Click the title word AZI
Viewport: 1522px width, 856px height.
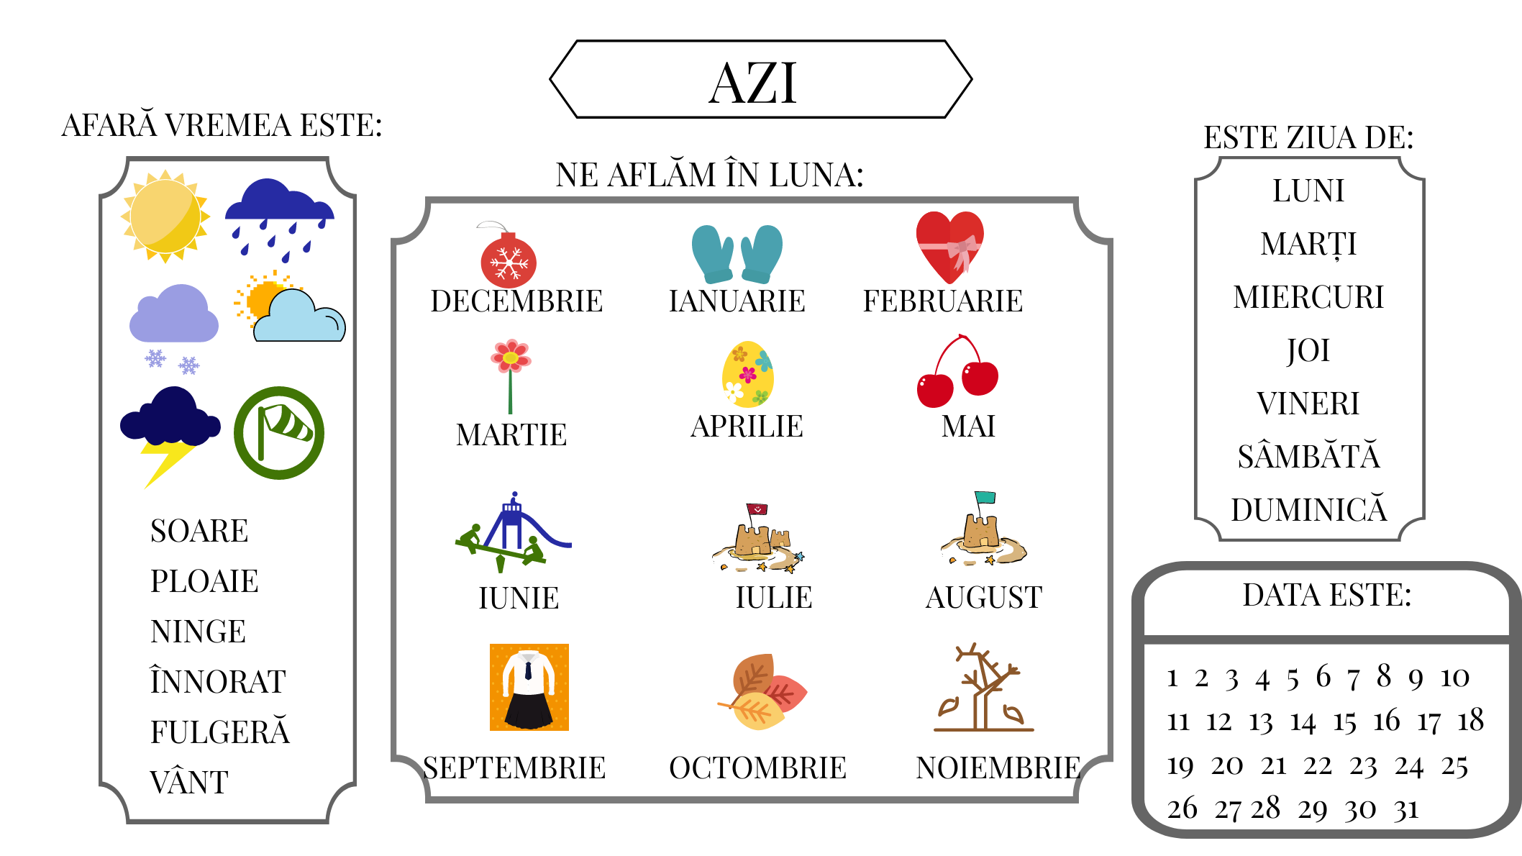tap(753, 83)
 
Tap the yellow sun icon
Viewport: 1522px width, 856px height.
tap(165, 216)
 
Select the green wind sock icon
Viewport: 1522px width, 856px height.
tap(279, 433)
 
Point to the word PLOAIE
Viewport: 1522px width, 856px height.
tap(204, 581)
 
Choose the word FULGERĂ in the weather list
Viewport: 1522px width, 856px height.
tap(220, 731)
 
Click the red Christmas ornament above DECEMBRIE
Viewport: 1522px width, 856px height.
tap(508, 255)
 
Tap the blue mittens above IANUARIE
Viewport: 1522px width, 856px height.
tap(737, 254)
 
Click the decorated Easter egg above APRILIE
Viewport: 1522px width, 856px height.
tap(748, 374)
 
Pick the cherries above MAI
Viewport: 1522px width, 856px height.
tap(957, 371)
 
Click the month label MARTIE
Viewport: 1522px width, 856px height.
tap(511, 435)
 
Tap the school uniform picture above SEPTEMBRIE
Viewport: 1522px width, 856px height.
tap(529, 687)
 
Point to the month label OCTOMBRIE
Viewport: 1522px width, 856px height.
tap(757, 768)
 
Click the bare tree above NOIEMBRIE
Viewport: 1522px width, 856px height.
tap(983, 688)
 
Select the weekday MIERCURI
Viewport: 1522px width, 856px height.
tap(1308, 297)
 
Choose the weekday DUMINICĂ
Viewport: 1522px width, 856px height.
tap(1308, 509)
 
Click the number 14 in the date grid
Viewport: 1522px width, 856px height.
tap(1303, 721)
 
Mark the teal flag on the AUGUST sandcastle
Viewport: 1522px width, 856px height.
tap(985, 497)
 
